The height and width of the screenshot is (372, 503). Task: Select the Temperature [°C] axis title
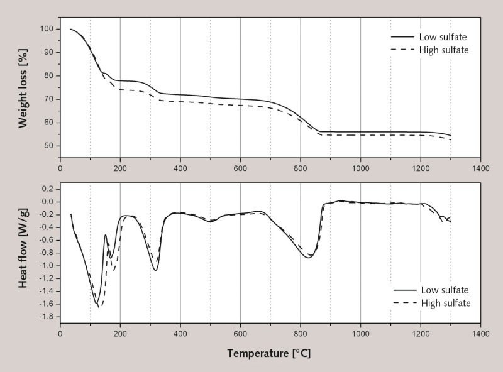[269, 353]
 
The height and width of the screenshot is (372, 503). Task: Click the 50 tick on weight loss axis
[48, 146]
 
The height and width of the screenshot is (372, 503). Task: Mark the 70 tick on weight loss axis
[48, 99]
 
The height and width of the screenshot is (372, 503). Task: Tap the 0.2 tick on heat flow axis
[45, 189]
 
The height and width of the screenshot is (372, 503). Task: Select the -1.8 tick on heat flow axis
[44, 317]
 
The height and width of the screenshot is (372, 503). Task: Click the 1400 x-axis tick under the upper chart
[480, 168]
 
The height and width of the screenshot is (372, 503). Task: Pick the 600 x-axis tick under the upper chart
[240, 168]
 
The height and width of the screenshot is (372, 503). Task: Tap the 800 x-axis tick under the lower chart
[301, 334]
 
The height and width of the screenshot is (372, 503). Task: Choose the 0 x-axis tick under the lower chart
[60, 334]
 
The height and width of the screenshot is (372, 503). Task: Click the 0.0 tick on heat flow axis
[45, 202]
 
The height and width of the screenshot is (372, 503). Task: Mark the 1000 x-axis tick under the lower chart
[360, 334]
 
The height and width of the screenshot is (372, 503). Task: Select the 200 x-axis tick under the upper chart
[120, 168]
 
